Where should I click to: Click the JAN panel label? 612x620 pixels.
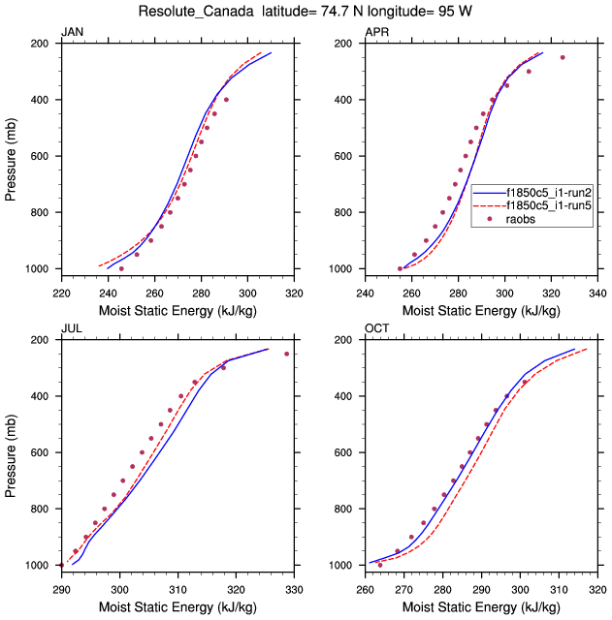click(72, 33)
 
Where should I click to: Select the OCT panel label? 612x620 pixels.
click(376, 329)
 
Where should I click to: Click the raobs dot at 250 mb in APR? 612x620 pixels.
click(562, 57)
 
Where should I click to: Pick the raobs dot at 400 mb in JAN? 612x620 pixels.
click(226, 100)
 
